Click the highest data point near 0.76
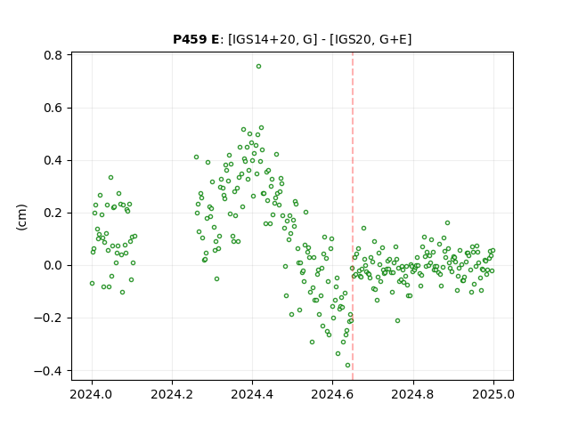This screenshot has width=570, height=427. click(258, 67)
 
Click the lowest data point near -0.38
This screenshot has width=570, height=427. click(347, 366)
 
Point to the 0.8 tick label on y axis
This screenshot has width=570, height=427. click(53, 55)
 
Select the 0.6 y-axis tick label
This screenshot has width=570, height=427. click(53, 109)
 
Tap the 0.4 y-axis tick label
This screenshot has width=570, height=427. click(53, 160)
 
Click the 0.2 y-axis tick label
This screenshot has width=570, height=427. click(53, 213)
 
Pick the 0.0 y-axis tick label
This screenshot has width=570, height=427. click(53, 265)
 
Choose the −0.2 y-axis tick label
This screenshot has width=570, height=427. click(48, 318)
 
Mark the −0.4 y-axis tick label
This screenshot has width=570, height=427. click(48, 371)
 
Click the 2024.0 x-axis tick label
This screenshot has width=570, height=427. click(92, 394)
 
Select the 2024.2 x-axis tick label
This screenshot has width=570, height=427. click(172, 394)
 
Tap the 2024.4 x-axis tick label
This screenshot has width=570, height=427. click(252, 394)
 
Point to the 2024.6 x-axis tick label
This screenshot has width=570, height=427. click(332, 394)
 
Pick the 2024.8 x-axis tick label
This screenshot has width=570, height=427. click(413, 394)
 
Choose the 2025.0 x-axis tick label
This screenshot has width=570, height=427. click(493, 394)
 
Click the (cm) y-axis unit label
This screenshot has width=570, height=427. click(21, 217)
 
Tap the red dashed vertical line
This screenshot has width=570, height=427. click(353, 216)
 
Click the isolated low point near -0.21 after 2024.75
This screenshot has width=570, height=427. click(397, 320)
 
